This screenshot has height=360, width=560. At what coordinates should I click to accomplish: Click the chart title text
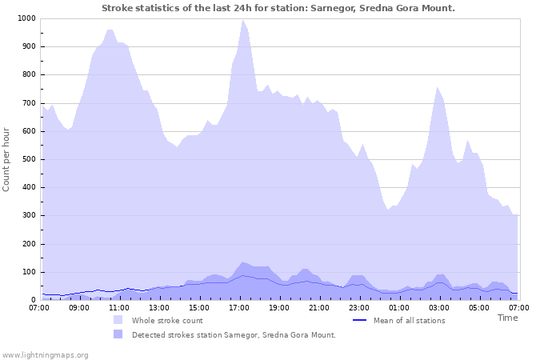pos(278,8)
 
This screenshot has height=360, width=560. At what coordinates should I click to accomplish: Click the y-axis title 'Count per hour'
pos(7,159)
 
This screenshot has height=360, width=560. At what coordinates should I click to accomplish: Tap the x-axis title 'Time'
pos(507,318)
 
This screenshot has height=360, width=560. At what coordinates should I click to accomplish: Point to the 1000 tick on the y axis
pos(26,18)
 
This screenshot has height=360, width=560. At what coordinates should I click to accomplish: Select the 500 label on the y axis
pos(29,159)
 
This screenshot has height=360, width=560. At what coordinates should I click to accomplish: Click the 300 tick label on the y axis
pos(29,216)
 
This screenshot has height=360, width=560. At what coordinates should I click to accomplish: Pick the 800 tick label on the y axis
pos(29,75)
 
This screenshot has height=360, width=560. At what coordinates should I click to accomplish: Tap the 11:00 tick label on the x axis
pos(118,307)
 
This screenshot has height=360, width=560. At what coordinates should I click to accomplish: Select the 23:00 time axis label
pos(358,307)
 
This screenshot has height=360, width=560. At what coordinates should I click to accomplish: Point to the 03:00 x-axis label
pos(438,307)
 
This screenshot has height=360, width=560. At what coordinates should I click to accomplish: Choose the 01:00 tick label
pos(398,307)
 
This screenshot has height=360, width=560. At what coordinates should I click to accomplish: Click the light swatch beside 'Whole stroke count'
pos(118,320)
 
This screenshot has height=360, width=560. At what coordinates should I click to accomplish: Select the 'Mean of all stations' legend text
pos(409,320)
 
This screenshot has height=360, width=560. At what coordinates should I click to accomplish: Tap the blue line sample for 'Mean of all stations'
pos(359,320)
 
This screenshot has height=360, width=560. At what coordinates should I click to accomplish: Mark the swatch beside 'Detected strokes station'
pos(118,334)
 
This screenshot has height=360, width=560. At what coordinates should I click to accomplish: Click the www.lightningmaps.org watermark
pos(45,354)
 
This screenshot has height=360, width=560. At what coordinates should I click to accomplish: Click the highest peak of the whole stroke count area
pos(242,21)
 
